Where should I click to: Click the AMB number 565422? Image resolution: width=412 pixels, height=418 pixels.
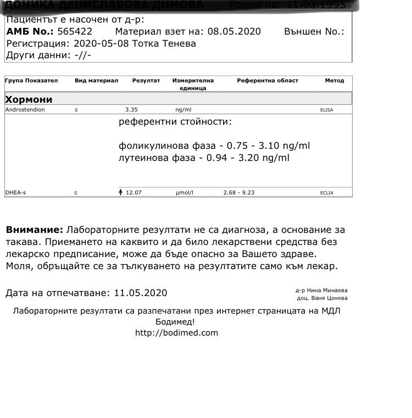(75, 31)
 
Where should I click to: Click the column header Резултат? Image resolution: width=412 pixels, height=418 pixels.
(146, 81)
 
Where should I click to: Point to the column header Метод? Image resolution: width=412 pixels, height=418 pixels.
(334, 81)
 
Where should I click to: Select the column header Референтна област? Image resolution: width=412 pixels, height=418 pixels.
(268, 81)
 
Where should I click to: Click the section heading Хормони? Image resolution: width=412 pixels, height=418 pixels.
(29, 99)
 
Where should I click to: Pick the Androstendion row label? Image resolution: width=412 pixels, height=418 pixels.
(25, 110)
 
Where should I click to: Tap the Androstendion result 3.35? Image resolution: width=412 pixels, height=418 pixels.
(131, 110)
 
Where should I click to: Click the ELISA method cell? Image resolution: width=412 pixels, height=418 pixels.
(326, 110)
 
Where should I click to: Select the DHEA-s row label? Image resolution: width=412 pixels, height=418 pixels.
(15, 193)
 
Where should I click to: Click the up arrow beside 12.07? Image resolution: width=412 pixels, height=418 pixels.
(121, 192)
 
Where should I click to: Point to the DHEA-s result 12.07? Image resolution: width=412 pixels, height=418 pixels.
(134, 193)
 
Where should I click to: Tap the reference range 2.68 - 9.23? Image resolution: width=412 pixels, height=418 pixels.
(238, 193)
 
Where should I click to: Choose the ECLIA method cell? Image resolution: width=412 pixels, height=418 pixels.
(326, 193)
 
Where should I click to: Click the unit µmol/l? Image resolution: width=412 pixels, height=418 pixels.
(185, 193)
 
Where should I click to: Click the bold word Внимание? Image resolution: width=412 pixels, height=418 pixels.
(34, 230)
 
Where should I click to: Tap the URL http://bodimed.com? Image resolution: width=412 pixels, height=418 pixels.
(176, 333)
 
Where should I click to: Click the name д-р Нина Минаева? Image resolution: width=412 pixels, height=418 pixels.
(321, 290)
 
